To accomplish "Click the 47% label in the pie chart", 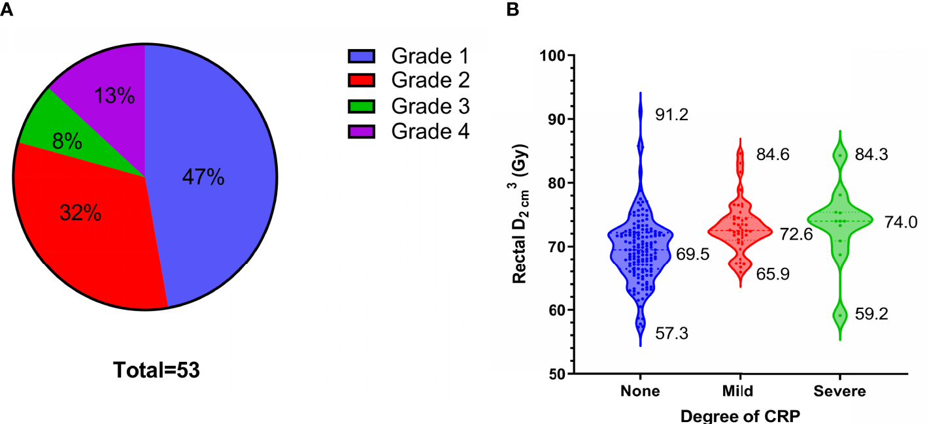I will [x=203, y=178].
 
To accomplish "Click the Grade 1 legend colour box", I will [x=361, y=57].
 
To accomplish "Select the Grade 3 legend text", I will [x=430, y=106].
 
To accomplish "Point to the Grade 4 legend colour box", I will [x=361, y=131].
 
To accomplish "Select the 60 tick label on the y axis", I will [x=556, y=310].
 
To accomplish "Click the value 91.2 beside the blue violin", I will [x=673, y=116].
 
